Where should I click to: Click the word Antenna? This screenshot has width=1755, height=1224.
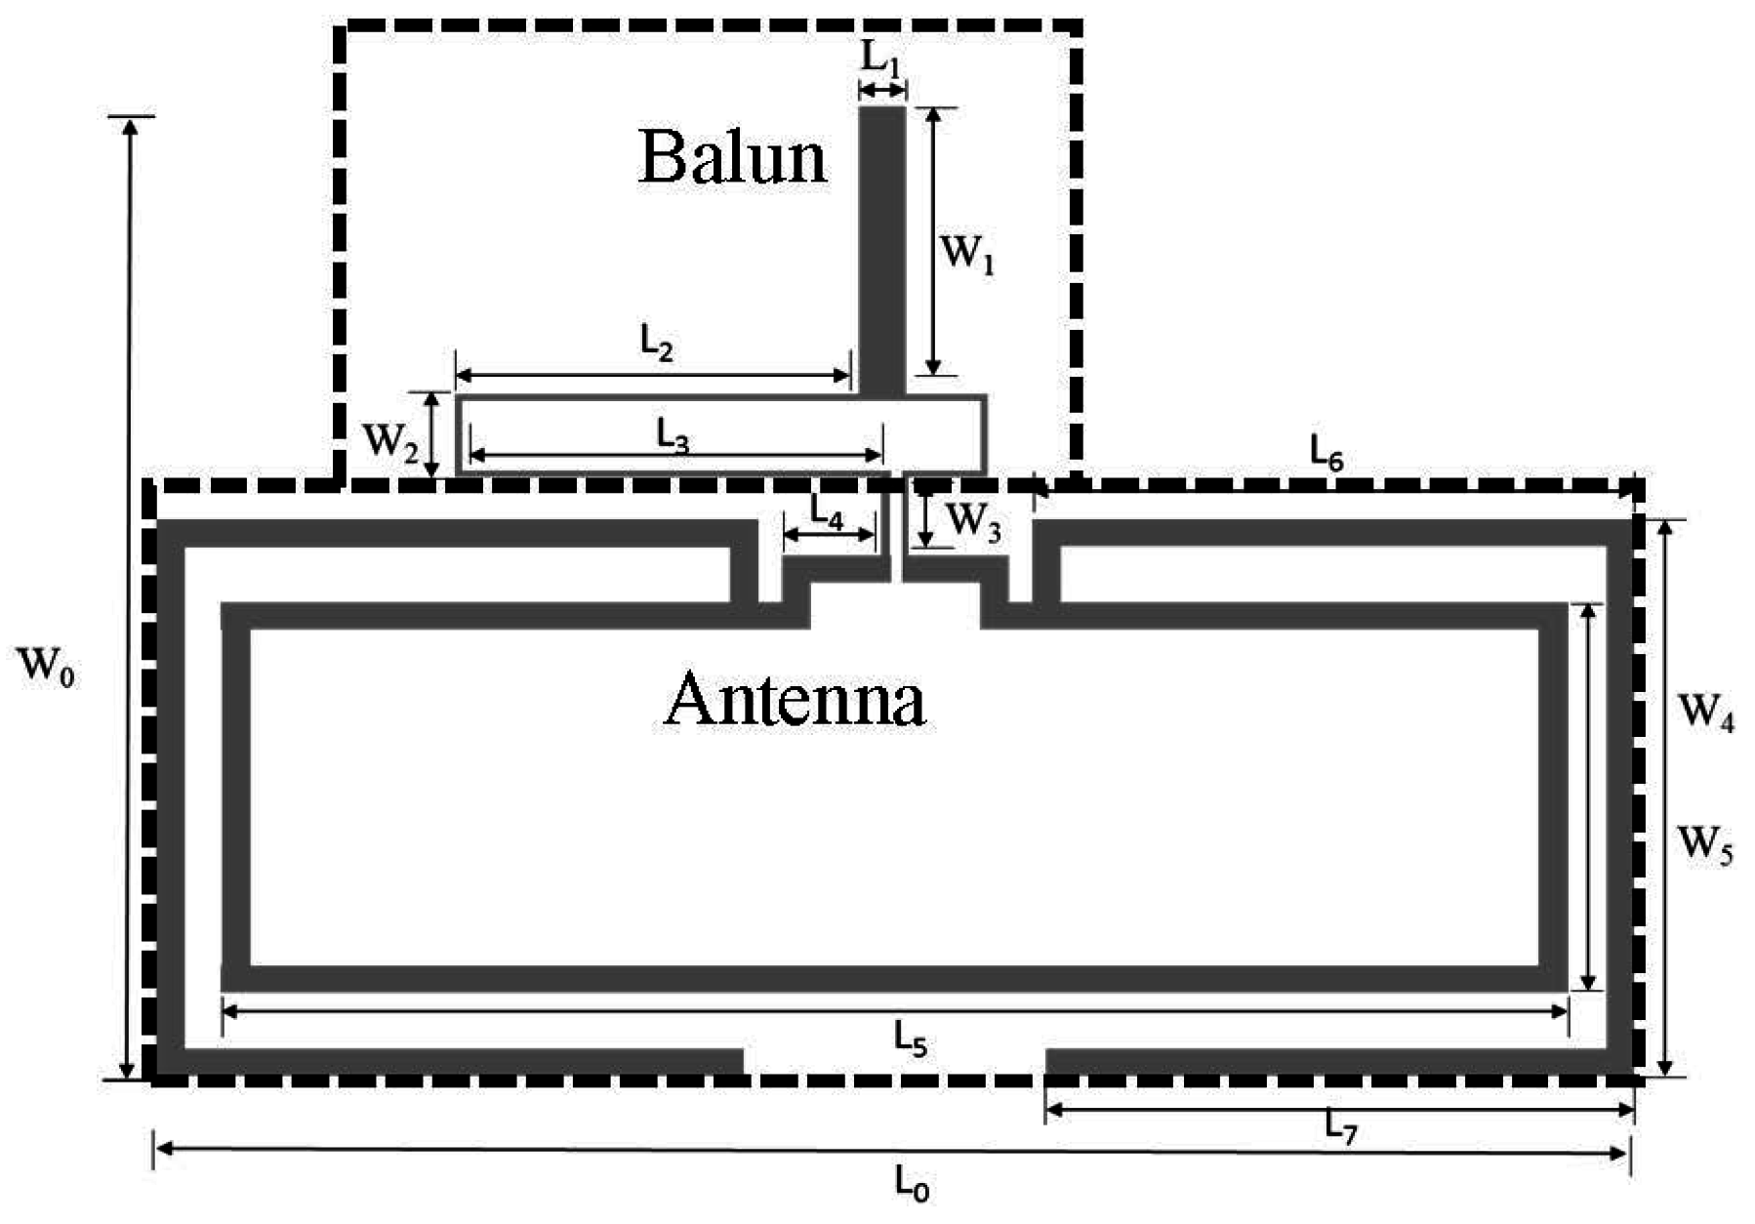[x=794, y=699]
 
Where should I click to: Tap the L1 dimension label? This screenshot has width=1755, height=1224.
[x=880, y=59]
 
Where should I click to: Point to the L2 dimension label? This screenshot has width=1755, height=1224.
[x=657, y=344]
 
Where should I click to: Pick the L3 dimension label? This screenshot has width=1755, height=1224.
[x=673, y=438]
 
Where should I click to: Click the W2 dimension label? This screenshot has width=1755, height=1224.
[x=390, y=443]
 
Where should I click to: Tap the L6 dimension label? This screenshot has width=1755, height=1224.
[x=1326, y=453]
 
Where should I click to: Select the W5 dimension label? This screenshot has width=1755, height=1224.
[x=1705, y=842]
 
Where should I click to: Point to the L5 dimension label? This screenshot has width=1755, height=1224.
[x=910, y=1040]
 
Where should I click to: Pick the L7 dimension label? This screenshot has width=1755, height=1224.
[x=1341, y=1128]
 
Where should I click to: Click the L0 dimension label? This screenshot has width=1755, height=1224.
[x=912, y=1184]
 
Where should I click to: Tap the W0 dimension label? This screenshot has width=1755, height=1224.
[x=46, y=668]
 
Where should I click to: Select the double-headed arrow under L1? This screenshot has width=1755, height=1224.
[x=881, y=91]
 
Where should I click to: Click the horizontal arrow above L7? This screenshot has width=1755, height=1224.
[x=1338, y=1109]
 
